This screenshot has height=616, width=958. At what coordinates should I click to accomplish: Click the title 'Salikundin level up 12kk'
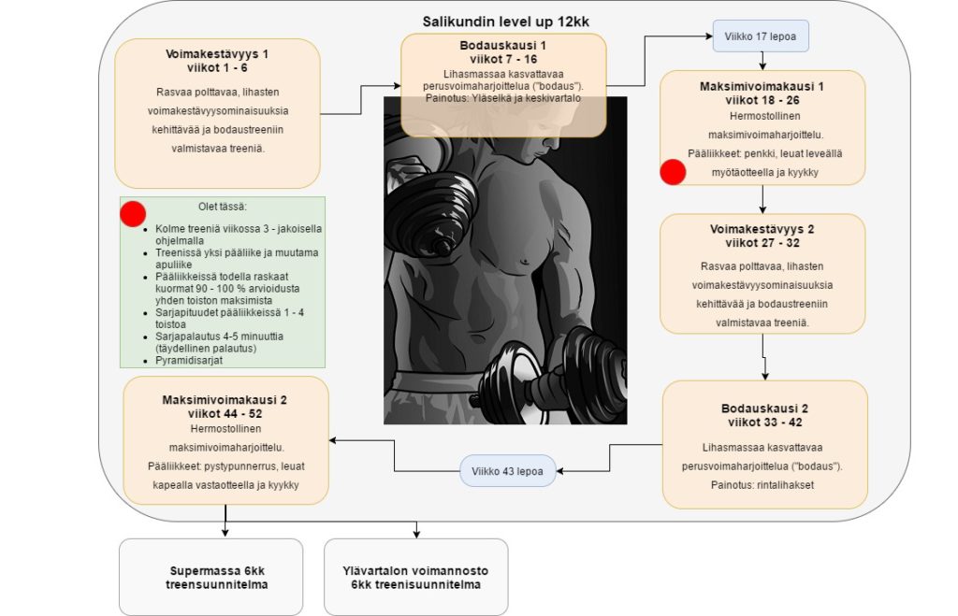pos(506,21)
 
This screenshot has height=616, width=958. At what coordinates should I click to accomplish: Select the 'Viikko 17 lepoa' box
pos(761,36)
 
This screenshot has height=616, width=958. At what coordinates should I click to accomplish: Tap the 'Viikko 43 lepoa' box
pos(508,470)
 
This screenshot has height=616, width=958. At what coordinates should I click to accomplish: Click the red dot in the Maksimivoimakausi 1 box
pos(673,172)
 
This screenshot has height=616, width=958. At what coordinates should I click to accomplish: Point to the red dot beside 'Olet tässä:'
pos(134,213)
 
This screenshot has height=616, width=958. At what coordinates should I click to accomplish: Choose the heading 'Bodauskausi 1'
pos(503,45)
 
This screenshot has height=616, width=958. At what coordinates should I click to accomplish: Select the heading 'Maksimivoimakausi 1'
pos(762,86)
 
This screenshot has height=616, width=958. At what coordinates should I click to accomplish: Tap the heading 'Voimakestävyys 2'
pos(762,229)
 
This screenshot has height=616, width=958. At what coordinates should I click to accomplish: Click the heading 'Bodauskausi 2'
pos(764,408)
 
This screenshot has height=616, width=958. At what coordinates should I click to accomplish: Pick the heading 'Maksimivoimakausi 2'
pos(226,399)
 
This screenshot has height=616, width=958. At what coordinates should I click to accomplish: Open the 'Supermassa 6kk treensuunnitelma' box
pos(210,577)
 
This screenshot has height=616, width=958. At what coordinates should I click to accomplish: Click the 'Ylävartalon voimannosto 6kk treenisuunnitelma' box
pos(416,577)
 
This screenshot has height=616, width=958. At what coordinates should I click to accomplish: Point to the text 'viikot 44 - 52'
pos(226,412)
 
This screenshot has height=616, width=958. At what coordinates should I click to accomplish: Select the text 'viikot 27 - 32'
pos(762,243)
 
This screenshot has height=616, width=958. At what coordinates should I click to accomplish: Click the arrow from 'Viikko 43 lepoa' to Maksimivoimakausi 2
pos(393,453)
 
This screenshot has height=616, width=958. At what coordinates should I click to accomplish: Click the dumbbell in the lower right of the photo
pos(552,369)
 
